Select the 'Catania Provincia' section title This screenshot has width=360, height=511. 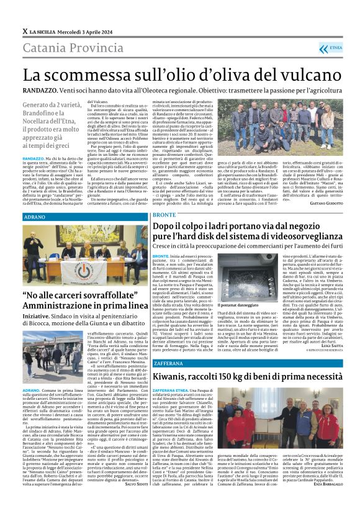pyautogui.click(x=63, y=45)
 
